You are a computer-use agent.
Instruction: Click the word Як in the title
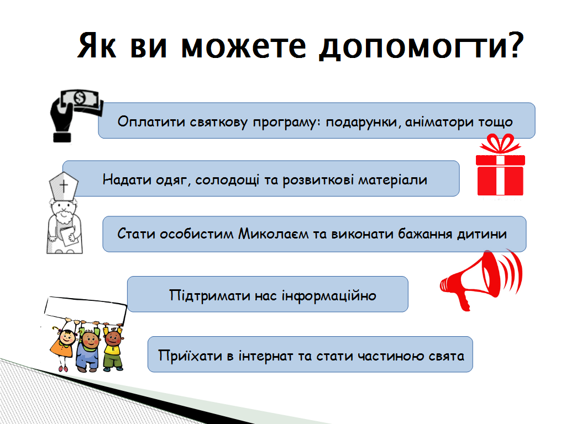[x=97, y=45]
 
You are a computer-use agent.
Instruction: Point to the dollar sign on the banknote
[x=79, y=98]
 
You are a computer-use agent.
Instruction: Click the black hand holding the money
[x=61, y=120]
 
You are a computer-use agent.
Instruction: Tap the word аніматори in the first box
[x=439, y=122]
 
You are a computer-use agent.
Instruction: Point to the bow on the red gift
[x=500, y=144]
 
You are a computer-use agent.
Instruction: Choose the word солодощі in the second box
[x=227, y=179]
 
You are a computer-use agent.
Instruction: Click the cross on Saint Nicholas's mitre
[x=64, y=185]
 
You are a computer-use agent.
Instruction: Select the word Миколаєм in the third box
[x=273, y=234]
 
